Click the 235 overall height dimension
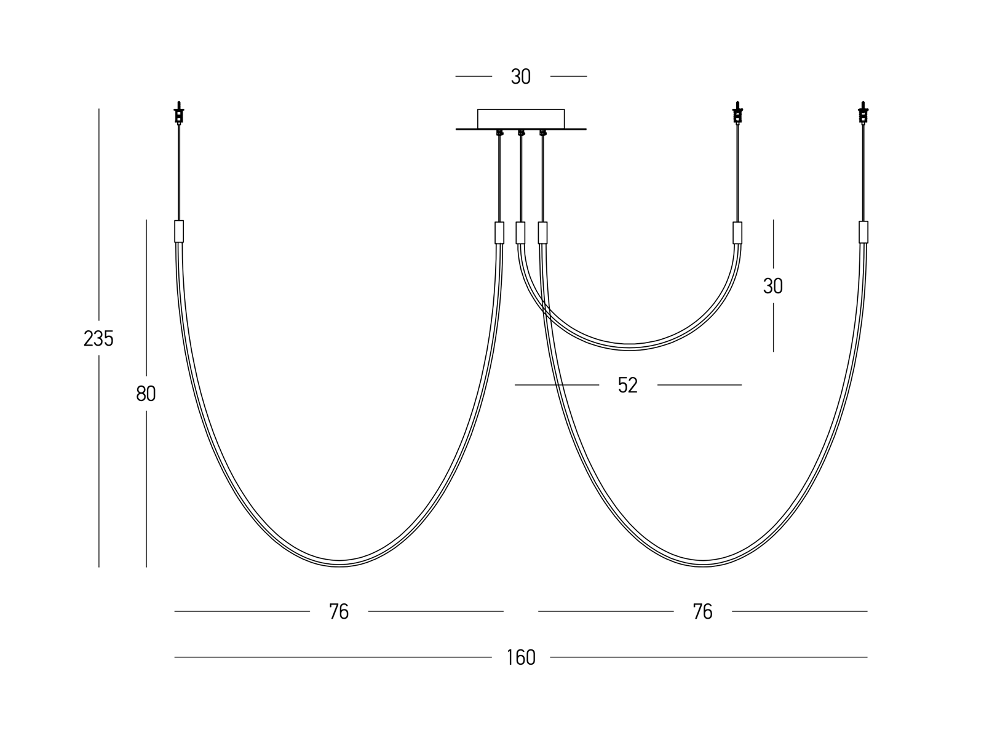coord(98,338)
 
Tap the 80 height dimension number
coord(146,394)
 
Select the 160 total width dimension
coord(521,657)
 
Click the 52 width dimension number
coord(628,385)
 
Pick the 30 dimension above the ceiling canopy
coord(521,77)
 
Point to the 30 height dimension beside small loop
coord(773,286)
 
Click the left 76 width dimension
coord(339,612)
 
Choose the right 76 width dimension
coord(702,612)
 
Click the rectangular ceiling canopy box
coord(521,119)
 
